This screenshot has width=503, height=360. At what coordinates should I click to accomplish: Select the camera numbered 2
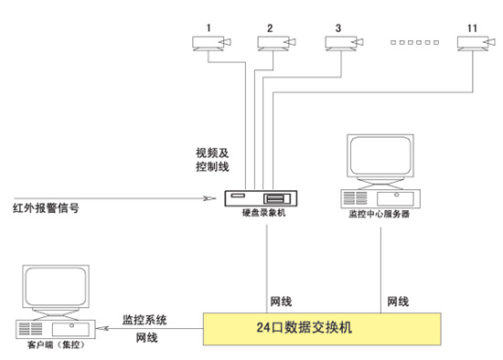[x=276, y=43]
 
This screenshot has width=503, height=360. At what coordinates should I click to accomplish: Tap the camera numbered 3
[x=345, y=43]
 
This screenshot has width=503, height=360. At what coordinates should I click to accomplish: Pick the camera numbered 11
[x=475, y=43]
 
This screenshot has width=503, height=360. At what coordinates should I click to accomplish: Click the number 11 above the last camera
[x=472, y=28]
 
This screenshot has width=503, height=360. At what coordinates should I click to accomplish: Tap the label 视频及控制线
[x=212, y=160]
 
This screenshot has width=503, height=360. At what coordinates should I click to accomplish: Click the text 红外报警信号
[x=45, y=208]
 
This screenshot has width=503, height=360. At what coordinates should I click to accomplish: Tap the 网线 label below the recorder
[x=281, y=301]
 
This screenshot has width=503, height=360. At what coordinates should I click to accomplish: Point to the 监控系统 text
[x=144, y=320]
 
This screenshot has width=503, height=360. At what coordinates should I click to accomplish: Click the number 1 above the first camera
[x=209, y=28]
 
